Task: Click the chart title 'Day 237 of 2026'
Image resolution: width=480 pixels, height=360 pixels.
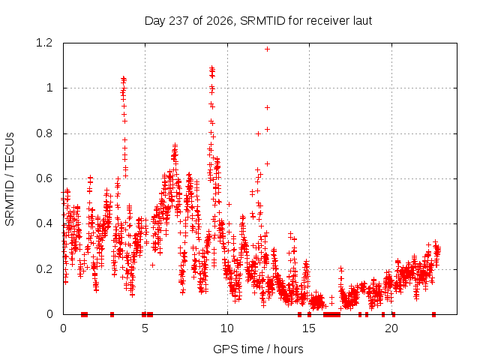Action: [188, 21]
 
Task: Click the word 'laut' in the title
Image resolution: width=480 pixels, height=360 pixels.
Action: [362, 21]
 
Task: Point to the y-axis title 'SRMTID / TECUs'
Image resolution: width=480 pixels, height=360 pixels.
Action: [10, 179]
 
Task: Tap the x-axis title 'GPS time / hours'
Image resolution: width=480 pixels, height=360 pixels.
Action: [258, 349]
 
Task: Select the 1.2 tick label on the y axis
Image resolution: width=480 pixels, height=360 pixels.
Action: [44, 43]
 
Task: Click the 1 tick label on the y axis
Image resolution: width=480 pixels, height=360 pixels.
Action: [49, 88]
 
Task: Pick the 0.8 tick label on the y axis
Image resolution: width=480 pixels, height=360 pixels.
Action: [44, 133]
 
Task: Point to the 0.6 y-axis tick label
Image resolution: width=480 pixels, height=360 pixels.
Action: [44, 178]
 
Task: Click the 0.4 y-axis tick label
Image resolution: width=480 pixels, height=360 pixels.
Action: [44, 223]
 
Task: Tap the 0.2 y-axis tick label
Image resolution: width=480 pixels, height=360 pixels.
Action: [44, 269]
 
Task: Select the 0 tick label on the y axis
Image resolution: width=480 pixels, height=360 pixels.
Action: [49, 314]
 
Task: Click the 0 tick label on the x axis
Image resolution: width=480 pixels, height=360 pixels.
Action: [63, 328]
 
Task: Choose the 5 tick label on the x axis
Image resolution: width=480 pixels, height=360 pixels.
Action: [145, 328]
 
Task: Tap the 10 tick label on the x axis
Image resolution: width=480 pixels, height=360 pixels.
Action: [227, 328]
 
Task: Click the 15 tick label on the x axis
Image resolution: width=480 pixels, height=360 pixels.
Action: [309, 328]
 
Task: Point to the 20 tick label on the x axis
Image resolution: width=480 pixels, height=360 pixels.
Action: [391, 328]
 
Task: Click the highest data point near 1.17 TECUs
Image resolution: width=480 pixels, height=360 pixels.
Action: [267, 49]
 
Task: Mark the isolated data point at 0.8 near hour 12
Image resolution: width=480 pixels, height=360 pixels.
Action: [258, 133]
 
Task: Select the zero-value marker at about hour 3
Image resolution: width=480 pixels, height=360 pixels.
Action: [112, 314]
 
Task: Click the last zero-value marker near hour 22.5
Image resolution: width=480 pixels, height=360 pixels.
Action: [433, 314]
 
